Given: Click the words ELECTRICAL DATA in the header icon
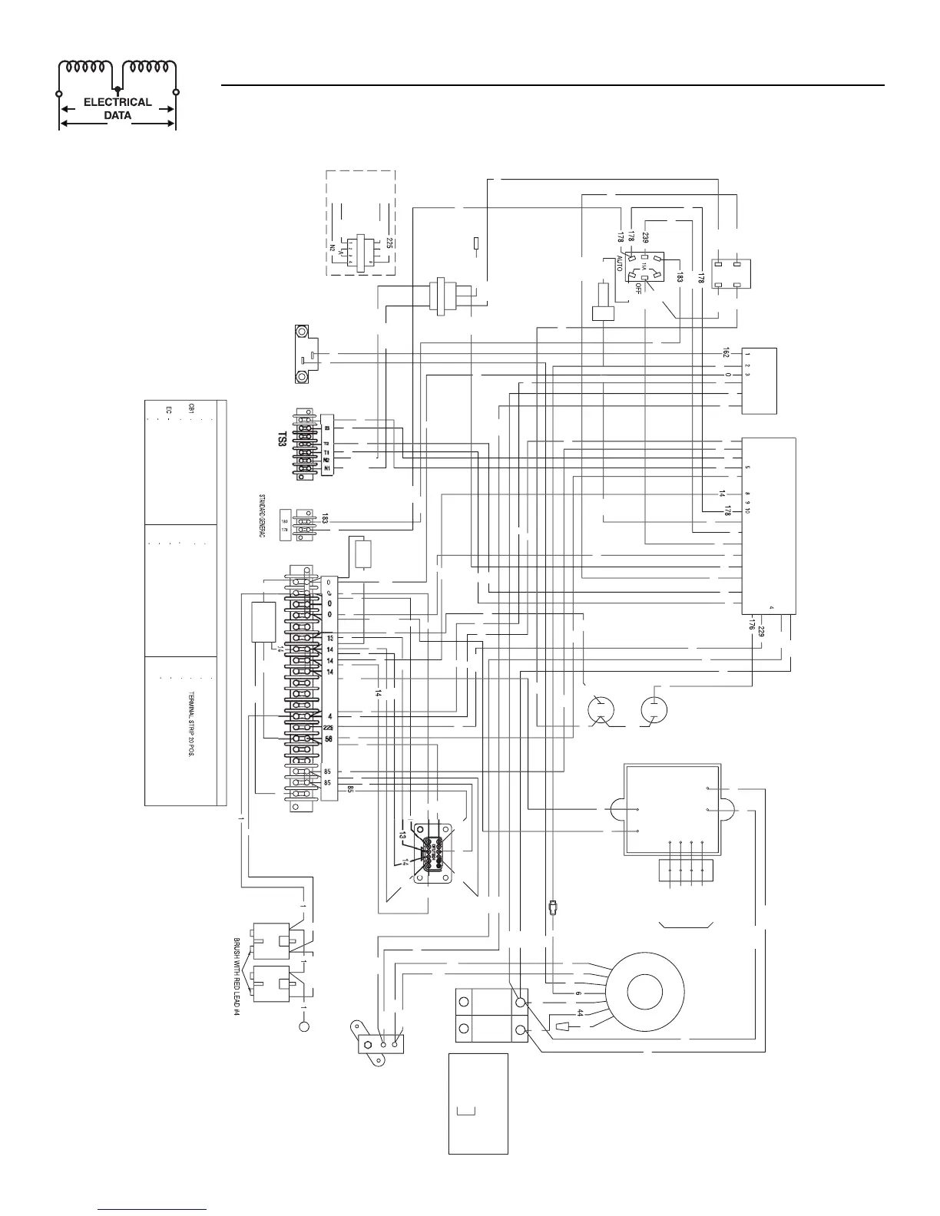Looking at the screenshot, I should (x=118, y=108).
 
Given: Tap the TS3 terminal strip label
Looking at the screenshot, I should (x=282, y=440).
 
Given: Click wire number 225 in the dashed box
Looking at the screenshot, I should (x=390, y=243).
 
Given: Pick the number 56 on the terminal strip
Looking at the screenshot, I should (x=329, y=739).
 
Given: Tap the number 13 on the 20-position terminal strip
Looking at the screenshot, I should (x=329, y=639).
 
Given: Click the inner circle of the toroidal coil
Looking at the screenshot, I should (x=650, y=992).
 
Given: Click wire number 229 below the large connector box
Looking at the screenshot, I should (x=760, y=632).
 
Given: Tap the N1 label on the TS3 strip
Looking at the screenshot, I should (x=326, y=468).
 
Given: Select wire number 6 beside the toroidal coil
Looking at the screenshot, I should (x=578, y=993).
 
